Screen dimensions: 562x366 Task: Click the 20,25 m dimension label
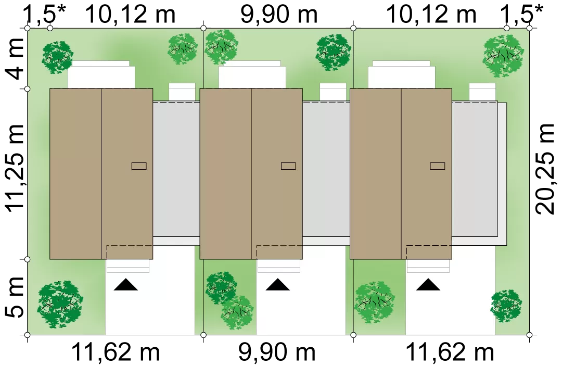[545, 169]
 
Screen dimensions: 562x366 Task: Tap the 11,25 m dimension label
[15, 167]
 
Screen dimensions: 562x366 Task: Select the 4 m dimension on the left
[15, 59]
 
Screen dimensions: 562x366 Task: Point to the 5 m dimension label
[15, 297]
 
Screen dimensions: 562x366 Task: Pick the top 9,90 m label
[278, 15]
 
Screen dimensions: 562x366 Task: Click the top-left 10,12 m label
[131, 15]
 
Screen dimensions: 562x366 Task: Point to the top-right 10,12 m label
[432, 15]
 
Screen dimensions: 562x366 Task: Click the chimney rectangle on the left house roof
[139, 166]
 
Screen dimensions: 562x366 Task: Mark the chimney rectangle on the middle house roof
[288, 166]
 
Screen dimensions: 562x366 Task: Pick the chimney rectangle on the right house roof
[438, 166]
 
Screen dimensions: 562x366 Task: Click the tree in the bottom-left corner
[60, 305]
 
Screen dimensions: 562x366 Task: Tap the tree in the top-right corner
[503, 56]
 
